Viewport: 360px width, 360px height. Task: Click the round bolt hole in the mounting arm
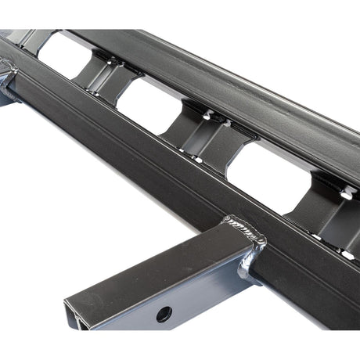pyautogui.click(x=164, y=314)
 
